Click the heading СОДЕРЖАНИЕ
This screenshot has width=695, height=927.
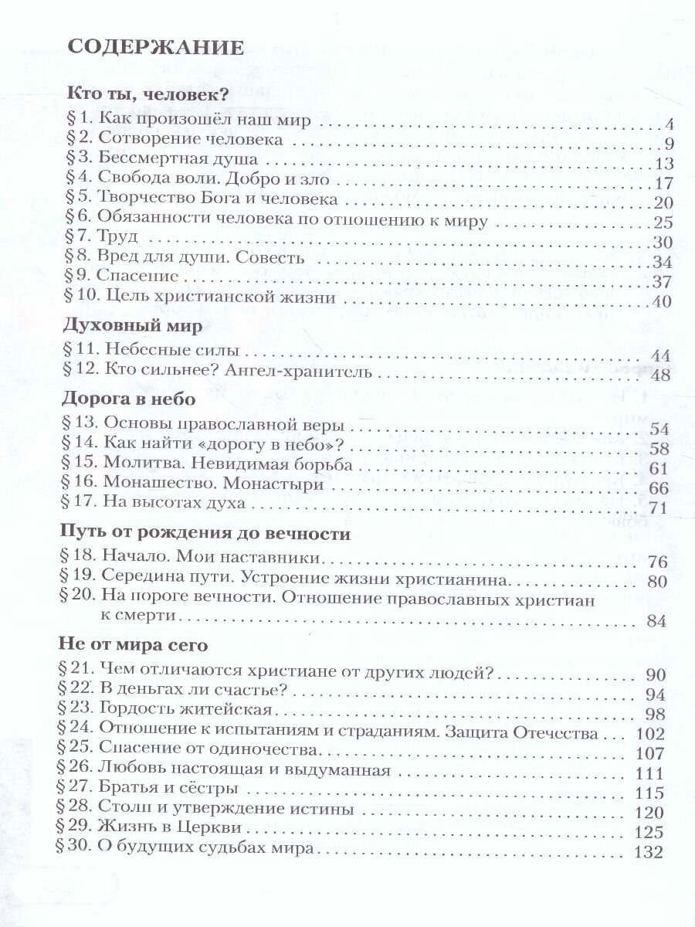click(x=157, y=49)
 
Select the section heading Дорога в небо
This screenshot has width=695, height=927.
click(x=128, y=399)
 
